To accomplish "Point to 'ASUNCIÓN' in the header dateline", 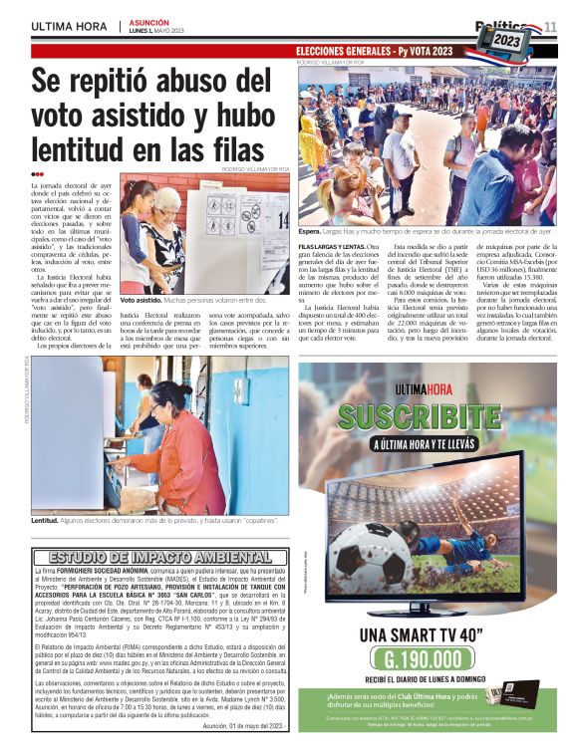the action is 149,21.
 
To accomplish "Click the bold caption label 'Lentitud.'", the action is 46,520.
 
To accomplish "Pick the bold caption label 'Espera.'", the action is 311,230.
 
